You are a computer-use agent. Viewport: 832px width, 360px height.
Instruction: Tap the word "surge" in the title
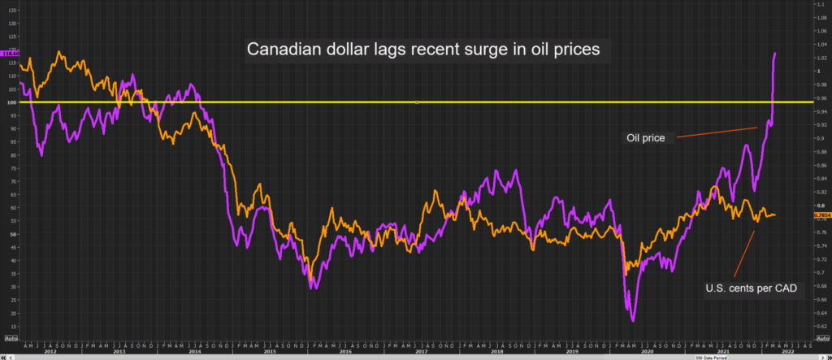pyautogui.click(x=487, y=50)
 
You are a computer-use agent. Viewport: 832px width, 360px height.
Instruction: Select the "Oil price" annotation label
pyautogui.click(x=645, y=138)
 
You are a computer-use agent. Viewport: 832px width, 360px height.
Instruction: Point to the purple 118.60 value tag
pyautogui.click(x=11, y=53)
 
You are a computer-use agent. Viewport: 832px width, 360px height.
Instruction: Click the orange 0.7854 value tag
pyautogui.click(x=821, y=215)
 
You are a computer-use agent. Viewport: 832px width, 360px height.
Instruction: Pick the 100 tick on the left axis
pyautogui.click(x=11, y=102)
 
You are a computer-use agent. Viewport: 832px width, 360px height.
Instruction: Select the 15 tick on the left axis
pyautogui.click(x=11, y=326)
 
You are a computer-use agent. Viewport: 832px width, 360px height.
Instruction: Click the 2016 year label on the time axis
pyautogui.click(x=345, y=351)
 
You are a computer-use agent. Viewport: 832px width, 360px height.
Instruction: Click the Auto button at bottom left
pyautogui.click(x=11, y=337)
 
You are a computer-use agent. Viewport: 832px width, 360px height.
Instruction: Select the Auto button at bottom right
pyautogui.click(x=821, y=337)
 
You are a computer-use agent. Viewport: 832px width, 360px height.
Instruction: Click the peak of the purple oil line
pyautogui.click(x=775, y=53)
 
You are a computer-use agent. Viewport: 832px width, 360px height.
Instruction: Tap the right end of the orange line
pyautogui.click(x=776, y=215)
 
